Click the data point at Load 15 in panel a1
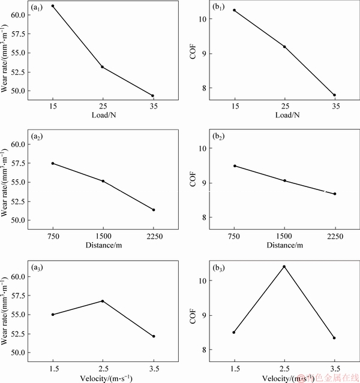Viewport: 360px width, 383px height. click(53, 6)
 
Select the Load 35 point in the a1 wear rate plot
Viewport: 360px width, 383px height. click(153, 95)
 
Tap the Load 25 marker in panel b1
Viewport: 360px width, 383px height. click(284, 46)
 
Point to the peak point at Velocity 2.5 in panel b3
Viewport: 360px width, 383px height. click(284, 267)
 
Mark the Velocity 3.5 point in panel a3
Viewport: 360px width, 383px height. click(154, 336)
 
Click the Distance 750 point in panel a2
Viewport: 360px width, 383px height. click(53, 163)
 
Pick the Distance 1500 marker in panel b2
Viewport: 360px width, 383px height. click(284, 180)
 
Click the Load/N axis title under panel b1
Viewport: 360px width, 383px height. click(284, 115)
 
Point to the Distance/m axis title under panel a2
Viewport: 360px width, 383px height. click(103, 245)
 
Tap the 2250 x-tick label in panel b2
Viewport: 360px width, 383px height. click(335, 235)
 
